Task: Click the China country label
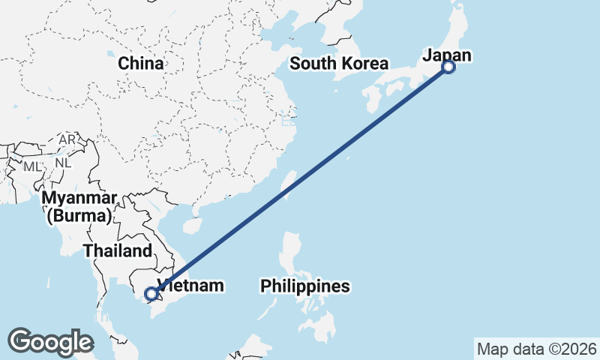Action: (x=140, y=64)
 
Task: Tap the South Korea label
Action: (x=339, y=64)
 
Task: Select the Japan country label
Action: (x=447, y=55)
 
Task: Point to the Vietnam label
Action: (x=190, y=286)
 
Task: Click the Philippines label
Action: (x=305, y=286)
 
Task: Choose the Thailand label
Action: (x=118, y=251)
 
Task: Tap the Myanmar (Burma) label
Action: (x=79, y=208)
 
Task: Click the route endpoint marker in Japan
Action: (x=448, y=67)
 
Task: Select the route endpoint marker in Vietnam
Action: (x=152, y=294)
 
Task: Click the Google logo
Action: (x=50, y=341)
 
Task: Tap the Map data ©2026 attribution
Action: (x=537, y=349)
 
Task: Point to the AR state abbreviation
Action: (x=67, y=140)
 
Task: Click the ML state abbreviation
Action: (x=32, y=165)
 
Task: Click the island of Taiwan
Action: (x=286, y=184)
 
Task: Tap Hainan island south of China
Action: (x=193, y=224)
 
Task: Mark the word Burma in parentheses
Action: (x=79, y=217)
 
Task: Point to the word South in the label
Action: (x=312, y=64)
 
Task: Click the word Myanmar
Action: (x=79, y=199)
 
